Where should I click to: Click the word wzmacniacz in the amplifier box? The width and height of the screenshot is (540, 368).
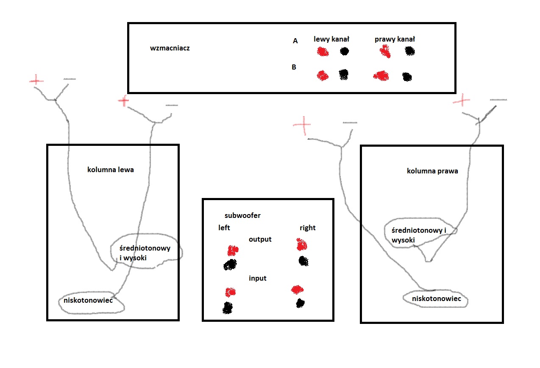point(170,48)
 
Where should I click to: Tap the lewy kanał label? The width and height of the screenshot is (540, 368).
point(331,39)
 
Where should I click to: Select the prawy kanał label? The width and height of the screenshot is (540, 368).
point(395,39)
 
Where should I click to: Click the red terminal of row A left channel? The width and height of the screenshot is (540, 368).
point(323,52)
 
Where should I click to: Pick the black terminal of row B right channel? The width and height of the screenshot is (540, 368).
point(407,77)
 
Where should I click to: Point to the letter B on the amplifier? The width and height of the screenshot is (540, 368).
point(294,67)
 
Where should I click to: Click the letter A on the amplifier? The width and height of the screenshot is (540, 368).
point(295,41)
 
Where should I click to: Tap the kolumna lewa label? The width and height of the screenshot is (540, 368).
point(111,170)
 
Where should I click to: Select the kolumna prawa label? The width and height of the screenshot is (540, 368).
point(432,171)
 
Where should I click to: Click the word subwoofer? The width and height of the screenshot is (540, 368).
point(243,215)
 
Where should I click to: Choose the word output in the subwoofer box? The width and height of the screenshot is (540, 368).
point(260,239)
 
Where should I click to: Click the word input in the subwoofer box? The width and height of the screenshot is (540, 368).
point(258,278)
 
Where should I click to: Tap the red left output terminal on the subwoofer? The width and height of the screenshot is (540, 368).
point(232,250)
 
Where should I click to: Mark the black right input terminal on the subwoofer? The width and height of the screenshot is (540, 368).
point(300,303)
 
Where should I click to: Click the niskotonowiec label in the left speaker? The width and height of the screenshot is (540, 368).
point(87,301)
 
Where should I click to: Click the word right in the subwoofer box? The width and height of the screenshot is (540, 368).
point(307,228)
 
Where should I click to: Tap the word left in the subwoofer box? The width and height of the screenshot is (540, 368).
point(224,228)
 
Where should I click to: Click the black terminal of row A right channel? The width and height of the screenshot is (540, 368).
point(409,51)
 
